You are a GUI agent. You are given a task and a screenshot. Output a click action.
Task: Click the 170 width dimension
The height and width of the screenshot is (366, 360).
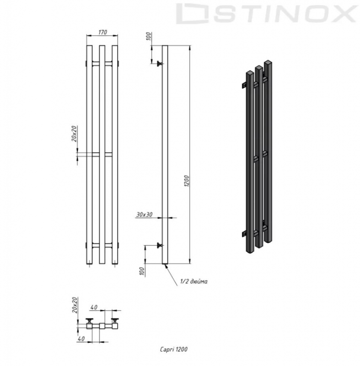tap(102, 32)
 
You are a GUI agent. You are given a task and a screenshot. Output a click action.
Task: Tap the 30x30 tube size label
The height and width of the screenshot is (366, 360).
tap(144, 214)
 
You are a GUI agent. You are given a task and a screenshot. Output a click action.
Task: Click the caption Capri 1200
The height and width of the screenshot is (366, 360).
tap(174, 349)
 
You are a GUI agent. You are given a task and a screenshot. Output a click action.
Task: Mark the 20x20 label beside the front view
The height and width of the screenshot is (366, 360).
tap(75, 133)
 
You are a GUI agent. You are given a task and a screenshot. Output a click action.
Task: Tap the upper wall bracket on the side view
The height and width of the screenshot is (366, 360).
tap(159, 64)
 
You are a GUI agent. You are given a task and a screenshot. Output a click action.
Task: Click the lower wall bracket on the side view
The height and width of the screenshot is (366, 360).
tap(159, 246)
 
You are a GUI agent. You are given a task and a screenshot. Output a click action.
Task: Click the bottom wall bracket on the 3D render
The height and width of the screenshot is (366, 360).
tap(245, 235)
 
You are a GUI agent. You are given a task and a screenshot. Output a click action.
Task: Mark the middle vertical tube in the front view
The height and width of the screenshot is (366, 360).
tap(102, 156)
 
